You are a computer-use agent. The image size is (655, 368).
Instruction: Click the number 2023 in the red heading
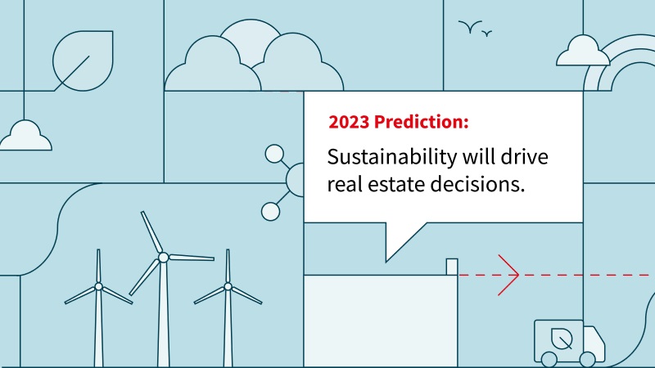point(349,122)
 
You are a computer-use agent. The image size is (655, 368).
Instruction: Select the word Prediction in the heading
point(419,122)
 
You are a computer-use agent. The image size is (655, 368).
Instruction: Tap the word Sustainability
point(386,158)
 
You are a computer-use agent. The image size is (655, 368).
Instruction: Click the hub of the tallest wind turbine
point(163,258)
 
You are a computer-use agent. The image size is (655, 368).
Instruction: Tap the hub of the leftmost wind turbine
point(98,286)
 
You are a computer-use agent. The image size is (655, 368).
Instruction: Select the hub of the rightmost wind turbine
point(228,286)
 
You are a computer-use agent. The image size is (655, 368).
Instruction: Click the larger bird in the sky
point(470,27)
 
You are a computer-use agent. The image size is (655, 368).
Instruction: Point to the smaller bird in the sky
point(486,33)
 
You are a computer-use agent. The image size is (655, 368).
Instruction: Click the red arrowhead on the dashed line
point(508,275)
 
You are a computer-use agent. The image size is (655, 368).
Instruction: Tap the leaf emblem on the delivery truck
point(562,339)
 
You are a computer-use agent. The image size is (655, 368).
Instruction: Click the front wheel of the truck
point(587,359)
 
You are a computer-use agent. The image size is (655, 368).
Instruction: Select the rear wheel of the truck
point(549,359)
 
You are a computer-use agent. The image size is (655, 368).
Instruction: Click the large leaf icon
point(84,61)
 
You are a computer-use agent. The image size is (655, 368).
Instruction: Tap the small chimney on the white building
point(452,267)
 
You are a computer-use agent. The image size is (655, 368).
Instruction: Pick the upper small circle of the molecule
point(274,154)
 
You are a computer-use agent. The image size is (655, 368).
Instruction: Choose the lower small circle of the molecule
point(271,212)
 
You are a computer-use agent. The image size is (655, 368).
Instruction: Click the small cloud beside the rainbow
point(583,52)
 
